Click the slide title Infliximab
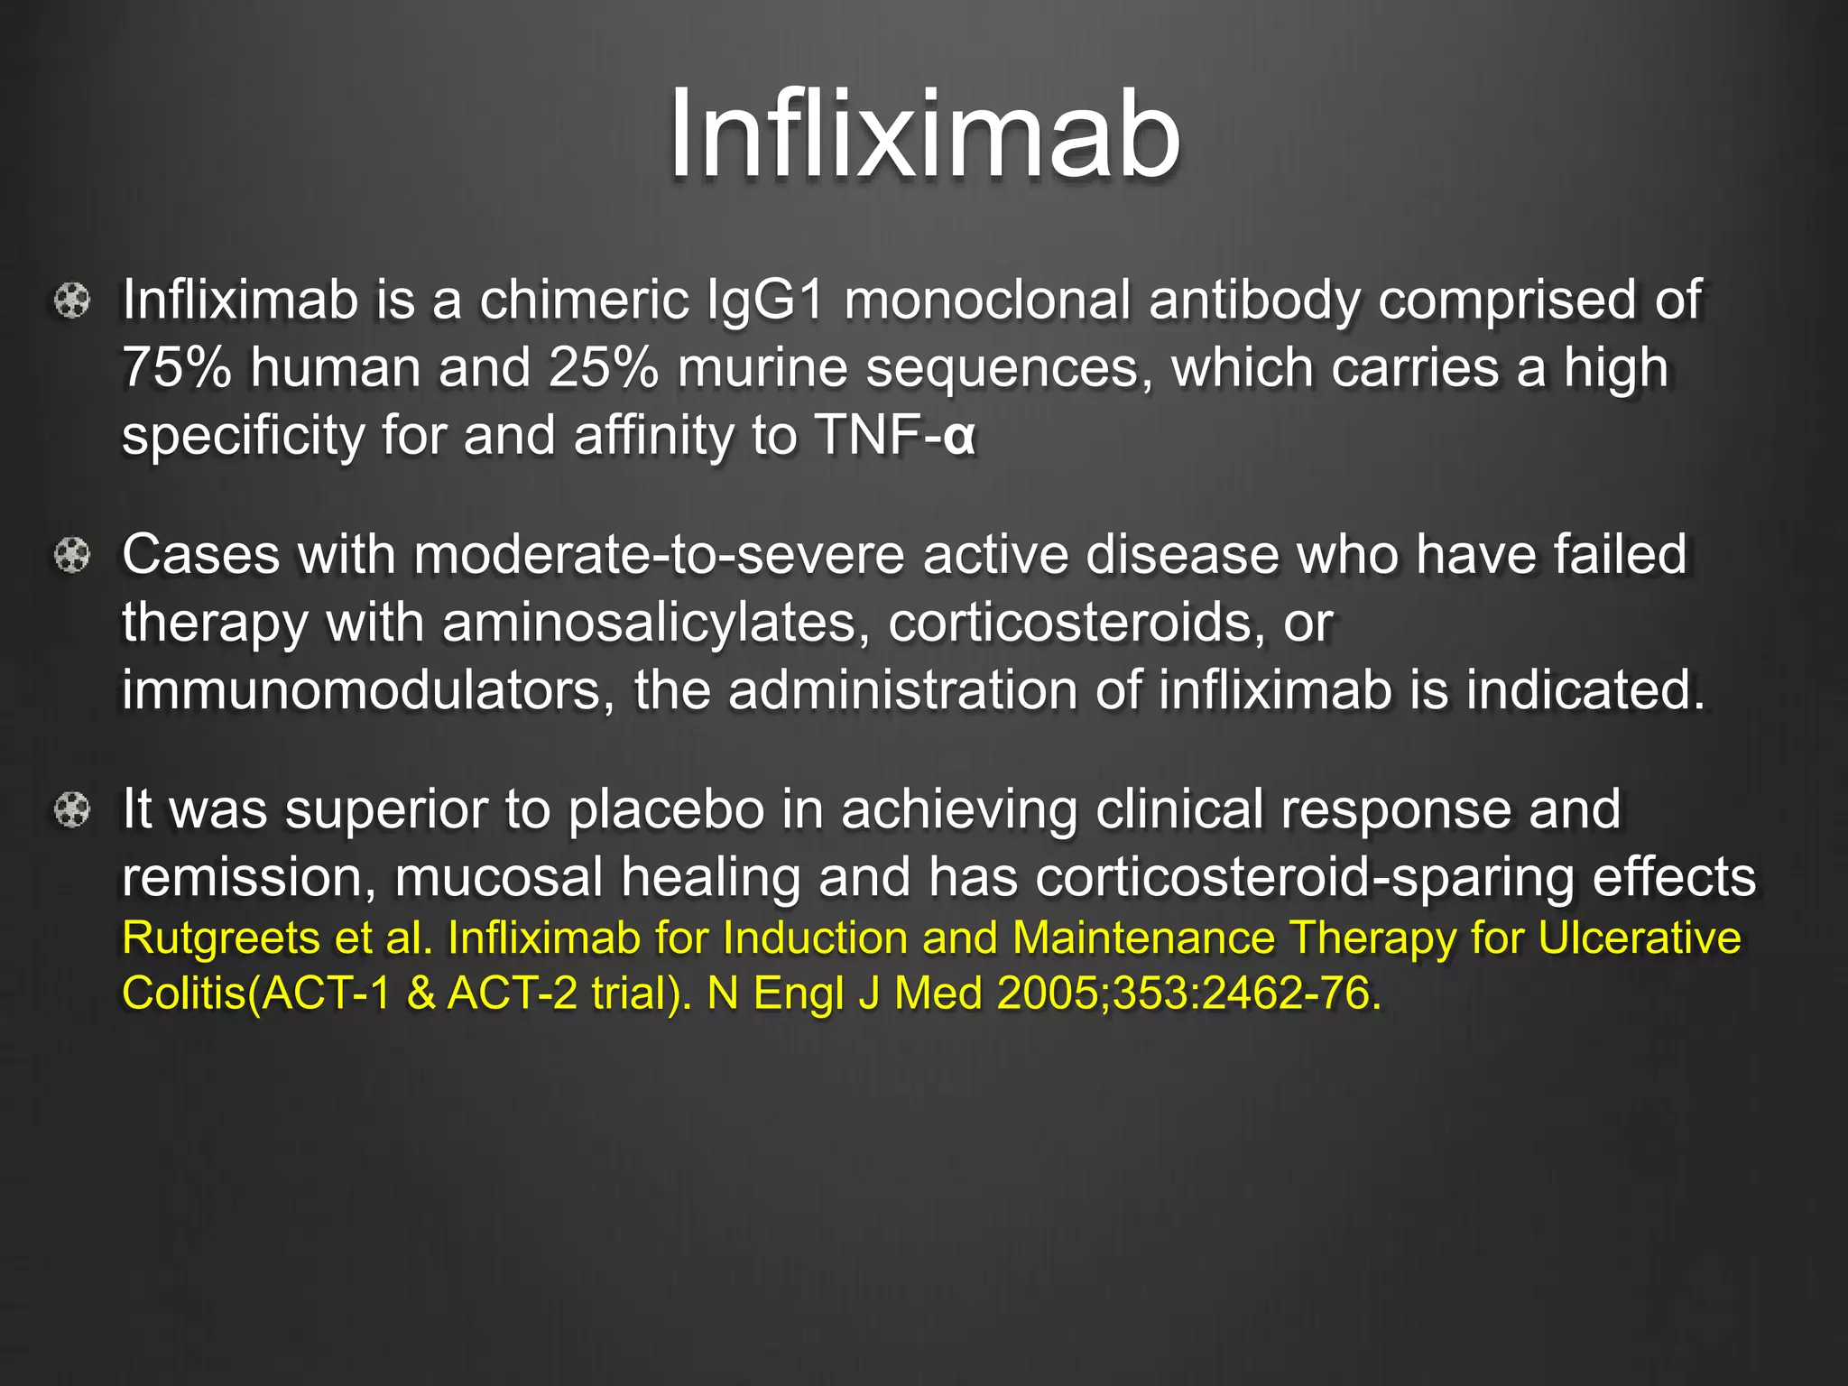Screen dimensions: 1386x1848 [x=924, y=135]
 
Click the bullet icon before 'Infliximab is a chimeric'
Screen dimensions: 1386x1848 [x=72, y=301]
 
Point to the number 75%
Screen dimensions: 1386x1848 [x=177, y=368]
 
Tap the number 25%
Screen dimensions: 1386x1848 [x=603, y=368]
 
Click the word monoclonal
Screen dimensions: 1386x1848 [x=987, y=300]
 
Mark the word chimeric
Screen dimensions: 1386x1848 [x=584, y=300]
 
